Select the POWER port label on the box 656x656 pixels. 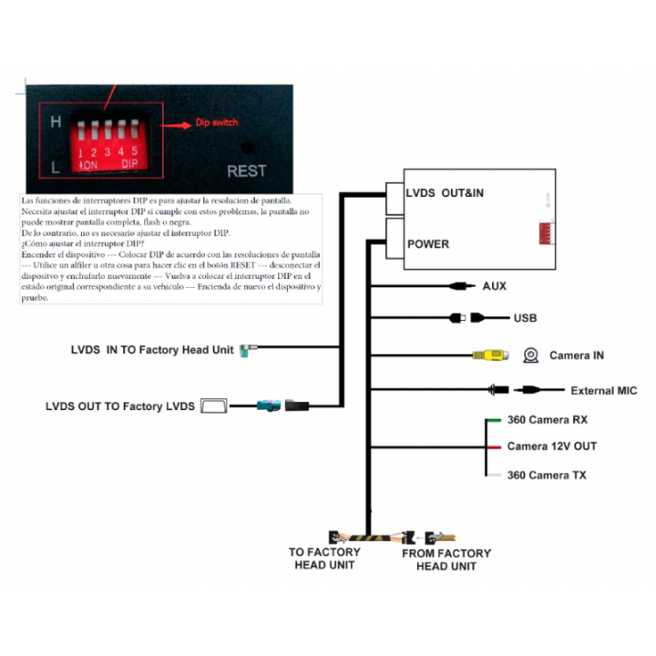coord(428,244)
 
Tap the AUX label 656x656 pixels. coord(495,286)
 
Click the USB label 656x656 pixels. coord(525,318)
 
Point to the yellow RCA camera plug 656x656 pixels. coord(485,355)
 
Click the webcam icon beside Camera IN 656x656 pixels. coord(530,355)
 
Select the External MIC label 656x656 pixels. coord(603,391)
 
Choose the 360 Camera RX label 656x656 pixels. coord(547,420)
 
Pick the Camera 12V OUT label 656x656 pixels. coord(551,446)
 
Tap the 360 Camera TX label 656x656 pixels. coord(547,475)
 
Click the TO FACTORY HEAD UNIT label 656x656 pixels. coord(324,559)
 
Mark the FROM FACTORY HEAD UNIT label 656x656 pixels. coord(446,559)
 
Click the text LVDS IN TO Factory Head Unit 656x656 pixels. coord(152,349)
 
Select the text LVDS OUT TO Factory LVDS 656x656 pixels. coord(119,406)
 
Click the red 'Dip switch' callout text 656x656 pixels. coord(217,123)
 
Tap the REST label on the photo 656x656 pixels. coord(246,170)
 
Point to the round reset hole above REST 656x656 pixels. coord(246,147)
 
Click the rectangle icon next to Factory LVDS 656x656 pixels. coord(215,406)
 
